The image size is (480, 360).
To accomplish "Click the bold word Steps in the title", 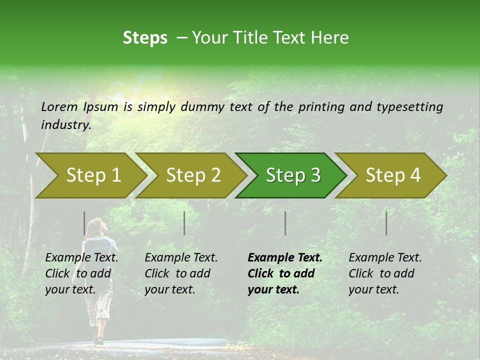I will pyautogui.click(x=145, y=38).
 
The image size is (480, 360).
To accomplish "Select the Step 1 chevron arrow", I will pyautogui.click(x=90, y=175).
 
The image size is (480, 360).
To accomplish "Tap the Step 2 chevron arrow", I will pyautogui.click(x=190, y=175).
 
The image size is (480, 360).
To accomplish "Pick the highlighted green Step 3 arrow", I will pyautogui.click(x=290, y=175).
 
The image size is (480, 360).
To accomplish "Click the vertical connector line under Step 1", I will pyautogui.click(x=84, y=223).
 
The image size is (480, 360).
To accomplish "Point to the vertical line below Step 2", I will pyautogui.click(x=184, y=223).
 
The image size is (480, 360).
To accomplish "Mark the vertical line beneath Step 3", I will pyautogui.click(x=285, y=223).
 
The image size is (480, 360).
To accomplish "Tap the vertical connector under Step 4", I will pyautogui.click(x=386, y=223).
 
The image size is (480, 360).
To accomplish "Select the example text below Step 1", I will pyautogui.click(x=81, y=273).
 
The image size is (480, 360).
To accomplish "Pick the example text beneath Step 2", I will pyautogui.click(x=181, y=273).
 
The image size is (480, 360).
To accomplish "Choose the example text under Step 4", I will pyautogui.click(x=385, y=273).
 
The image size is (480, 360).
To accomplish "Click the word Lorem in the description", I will pyautogui.click(x=59, y=106).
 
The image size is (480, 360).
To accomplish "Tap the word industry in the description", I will pyautogui.click(x=66, y=124).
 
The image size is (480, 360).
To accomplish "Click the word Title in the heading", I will pyautogui.click(x=253, y=38).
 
